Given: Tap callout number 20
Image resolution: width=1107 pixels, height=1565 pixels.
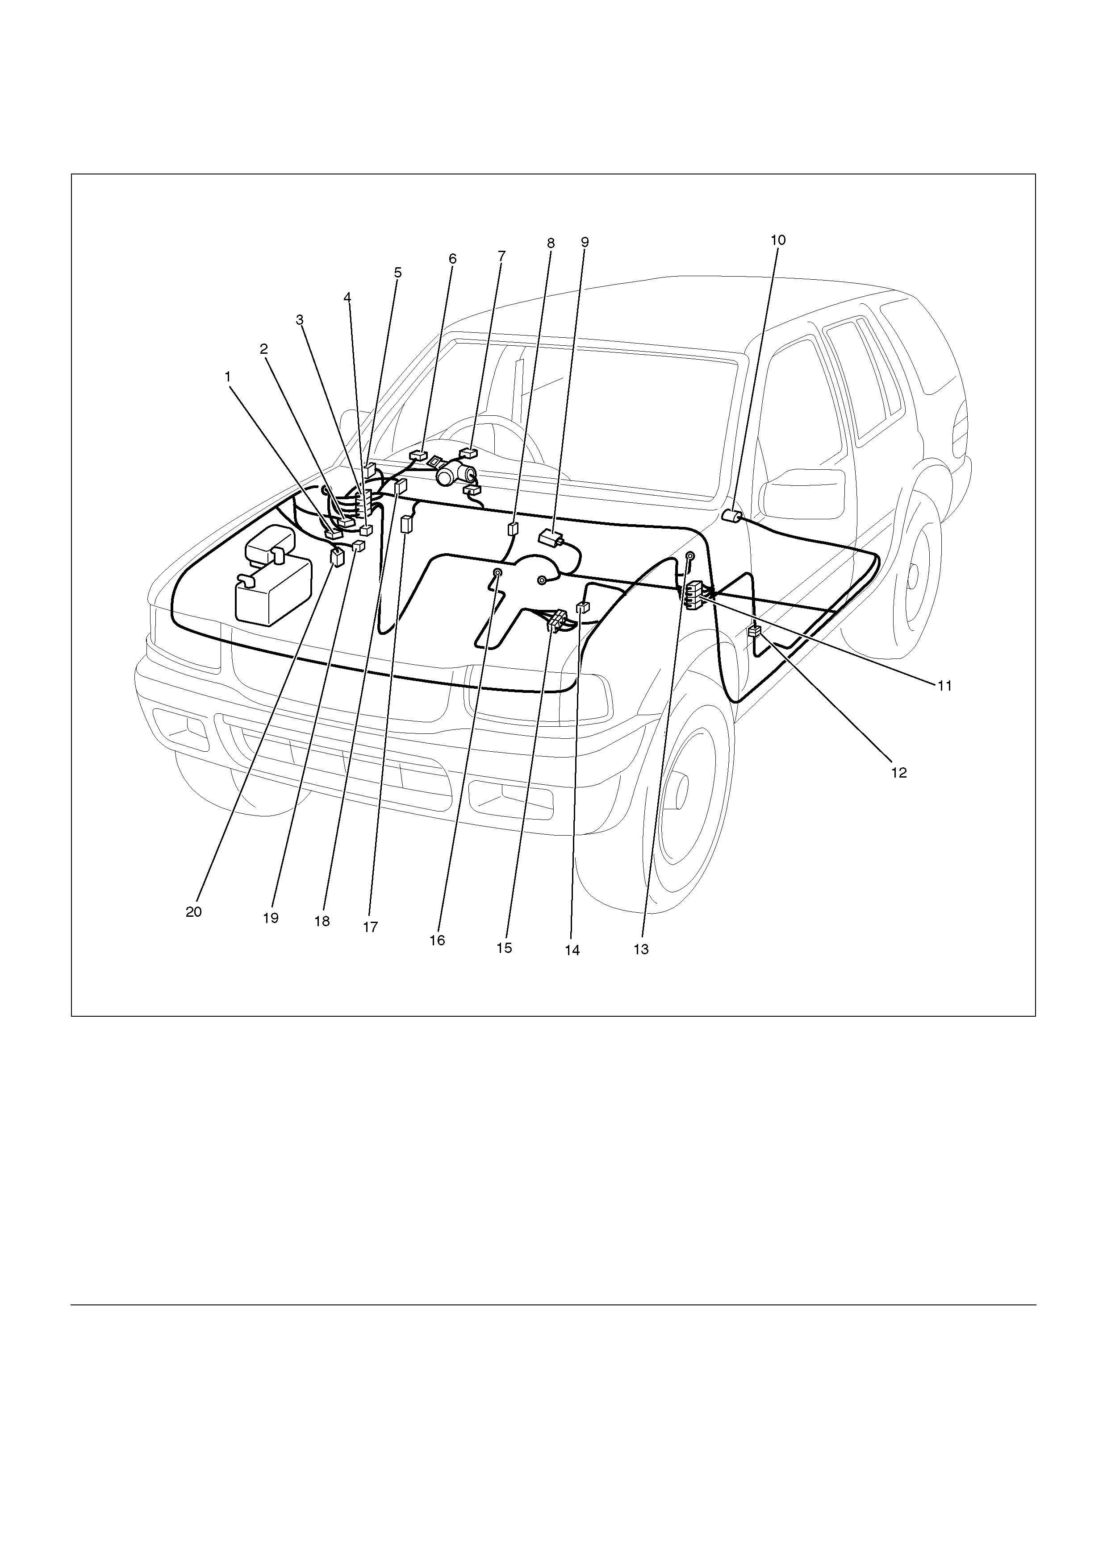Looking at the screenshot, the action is pyautogui.click(x=194, y=912).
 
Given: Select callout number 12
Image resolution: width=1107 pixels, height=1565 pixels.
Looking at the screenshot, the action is pyautogui.click(x=899, y=773).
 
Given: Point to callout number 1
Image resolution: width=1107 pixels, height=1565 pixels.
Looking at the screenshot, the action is pyautogui.click(x=228, y=376).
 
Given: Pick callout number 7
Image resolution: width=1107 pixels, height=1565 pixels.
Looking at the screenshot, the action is pyautogui.click(x=502, y=256).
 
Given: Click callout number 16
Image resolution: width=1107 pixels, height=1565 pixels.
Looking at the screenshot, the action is pyautogui.click(x=437, y=940).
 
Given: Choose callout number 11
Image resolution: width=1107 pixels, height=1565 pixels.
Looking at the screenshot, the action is pyautogui.click(x=944, y=686).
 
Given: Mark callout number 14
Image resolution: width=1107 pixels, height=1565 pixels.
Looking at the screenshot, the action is pyautogui.click(x=572, y=950).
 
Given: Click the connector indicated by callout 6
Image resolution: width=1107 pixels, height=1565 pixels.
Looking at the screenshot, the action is pyautogui.click(x=418, y=455).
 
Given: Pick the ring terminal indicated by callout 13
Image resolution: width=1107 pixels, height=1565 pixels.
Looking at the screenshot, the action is pyautogui.click(x=689, y=556).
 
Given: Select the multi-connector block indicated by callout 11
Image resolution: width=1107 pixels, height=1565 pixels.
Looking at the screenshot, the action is pyautogui.click(x=696, y=593).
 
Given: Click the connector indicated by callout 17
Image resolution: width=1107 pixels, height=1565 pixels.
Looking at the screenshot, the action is pyautogui.click(x=406, y=523).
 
